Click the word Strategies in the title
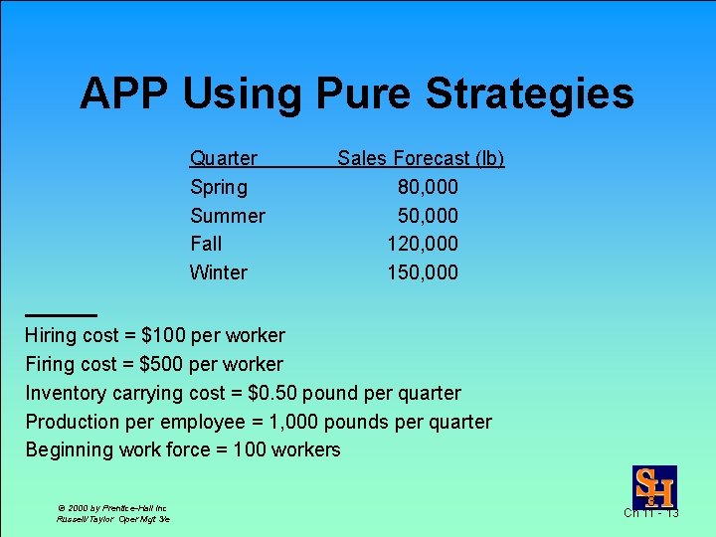[529, 94]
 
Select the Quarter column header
[223, 158]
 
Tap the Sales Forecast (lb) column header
[421, 158]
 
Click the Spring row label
[219, 187]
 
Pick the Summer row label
[227, 216]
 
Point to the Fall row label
[206, 244]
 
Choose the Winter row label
[219, 272]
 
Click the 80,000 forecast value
[428, 187]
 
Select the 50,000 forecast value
[428, 216]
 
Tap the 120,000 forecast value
[423, 244]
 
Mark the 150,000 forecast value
[423, 272]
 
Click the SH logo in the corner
[654, 487]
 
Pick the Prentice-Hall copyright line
[111, 507]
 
